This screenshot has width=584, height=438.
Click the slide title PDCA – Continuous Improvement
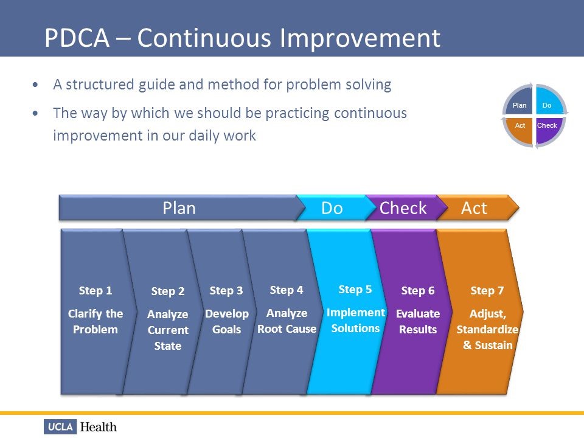(242, 38)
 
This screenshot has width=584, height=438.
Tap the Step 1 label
(96, 291)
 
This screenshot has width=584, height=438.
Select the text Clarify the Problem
(96, 322)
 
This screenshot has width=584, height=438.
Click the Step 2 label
(167, 291)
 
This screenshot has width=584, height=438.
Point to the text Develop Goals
(226, 322)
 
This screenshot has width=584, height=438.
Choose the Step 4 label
(286, 290)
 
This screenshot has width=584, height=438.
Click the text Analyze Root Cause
(287, 321)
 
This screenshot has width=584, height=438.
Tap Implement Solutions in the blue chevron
(355, 321)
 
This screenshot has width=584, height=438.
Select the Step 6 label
(417, 291)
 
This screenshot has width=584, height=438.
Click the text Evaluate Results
(417, 322)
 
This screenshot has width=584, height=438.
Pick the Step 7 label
(487, 291)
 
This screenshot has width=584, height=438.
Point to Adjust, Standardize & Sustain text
(487, 330)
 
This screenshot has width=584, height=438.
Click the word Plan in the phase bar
(179, 208)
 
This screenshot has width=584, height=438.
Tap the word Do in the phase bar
(332, 208)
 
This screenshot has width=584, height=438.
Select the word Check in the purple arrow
(403, 208)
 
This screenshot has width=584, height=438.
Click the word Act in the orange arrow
(474, 208)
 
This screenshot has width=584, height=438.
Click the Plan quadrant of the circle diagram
(520, 105)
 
